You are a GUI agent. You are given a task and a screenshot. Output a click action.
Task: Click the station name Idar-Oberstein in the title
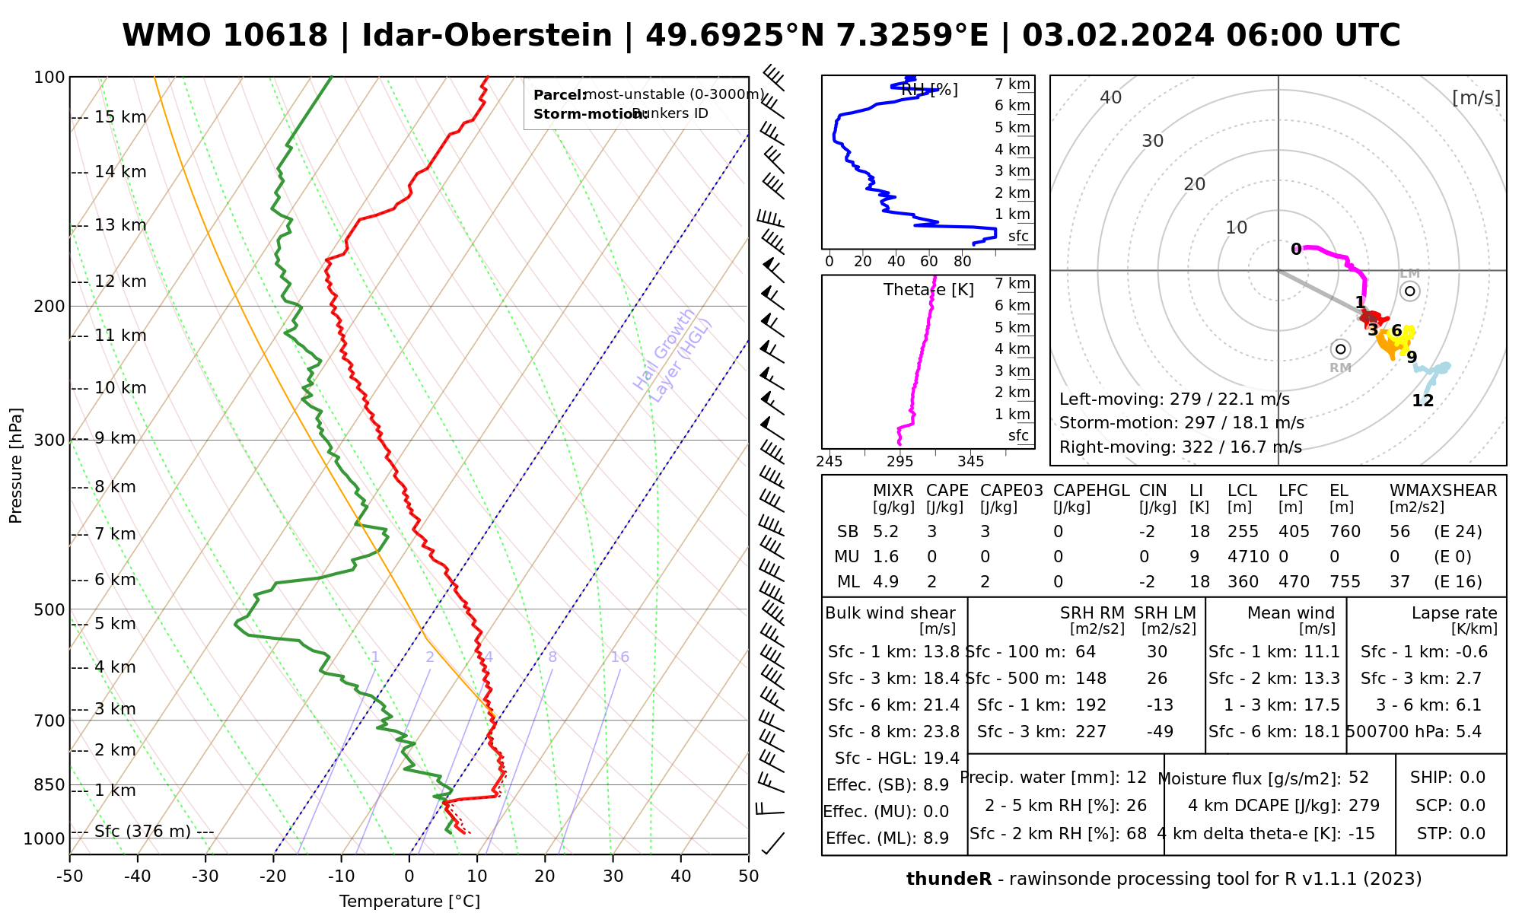487,36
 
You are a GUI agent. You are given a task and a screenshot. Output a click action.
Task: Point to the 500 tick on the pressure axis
50,609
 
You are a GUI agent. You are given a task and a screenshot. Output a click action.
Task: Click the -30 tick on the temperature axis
205,876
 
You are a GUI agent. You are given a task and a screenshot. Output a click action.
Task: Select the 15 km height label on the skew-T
120,117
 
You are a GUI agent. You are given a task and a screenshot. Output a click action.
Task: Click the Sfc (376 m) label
142,831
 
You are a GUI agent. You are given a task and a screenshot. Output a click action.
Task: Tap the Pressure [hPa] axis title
16,466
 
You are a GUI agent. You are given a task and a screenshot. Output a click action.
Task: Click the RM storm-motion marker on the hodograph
1340,349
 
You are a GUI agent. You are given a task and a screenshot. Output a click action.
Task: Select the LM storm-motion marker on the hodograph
1410,291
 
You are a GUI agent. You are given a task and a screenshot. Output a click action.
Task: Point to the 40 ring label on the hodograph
1111,97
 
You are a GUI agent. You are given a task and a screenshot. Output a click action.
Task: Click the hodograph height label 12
1422,401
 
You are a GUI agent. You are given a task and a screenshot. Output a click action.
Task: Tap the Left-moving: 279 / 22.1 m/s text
1174,399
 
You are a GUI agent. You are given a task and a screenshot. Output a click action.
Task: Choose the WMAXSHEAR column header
1443,491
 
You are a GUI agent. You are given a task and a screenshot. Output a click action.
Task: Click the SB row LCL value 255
1243,532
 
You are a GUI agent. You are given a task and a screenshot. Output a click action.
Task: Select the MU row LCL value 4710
1248,557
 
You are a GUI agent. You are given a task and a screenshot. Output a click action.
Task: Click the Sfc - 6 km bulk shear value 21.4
941,705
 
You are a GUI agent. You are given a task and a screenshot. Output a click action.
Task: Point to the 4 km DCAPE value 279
1364,806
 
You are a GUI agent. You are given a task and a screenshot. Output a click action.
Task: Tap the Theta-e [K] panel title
928,290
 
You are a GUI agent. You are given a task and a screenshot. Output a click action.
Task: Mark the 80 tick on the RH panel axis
963,262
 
